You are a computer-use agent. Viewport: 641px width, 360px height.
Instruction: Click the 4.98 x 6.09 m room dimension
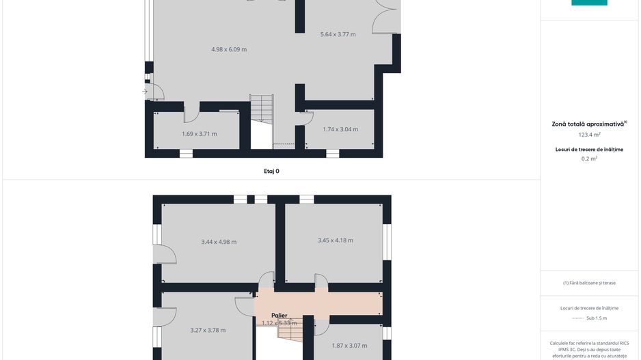(229, 49)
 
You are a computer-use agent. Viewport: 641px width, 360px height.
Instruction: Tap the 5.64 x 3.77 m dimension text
(338, 34)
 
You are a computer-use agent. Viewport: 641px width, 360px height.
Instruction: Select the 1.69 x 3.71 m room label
(200, 134)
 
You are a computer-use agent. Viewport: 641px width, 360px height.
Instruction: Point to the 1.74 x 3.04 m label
(340, 129)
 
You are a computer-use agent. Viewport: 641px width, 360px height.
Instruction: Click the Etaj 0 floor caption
(271, 171)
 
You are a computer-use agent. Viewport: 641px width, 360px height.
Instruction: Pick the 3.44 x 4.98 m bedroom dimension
(219, 242)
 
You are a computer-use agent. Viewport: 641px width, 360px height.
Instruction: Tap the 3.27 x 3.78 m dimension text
(208, 330)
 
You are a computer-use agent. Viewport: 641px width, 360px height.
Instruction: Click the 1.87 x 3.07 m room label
(349, 346)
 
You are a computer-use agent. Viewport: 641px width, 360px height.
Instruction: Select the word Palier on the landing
(279, 316)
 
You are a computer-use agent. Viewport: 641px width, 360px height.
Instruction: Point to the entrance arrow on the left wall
(145, 92)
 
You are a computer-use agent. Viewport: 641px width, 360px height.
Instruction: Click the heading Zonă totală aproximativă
(588, 124)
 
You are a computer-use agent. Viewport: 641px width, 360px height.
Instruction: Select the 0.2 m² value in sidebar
(589, 158)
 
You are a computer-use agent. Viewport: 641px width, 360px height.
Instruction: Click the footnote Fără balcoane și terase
(589, 283)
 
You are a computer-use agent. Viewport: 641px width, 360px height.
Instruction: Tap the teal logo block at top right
(589, 3)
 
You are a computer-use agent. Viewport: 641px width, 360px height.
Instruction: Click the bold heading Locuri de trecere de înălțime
(589, 149)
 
